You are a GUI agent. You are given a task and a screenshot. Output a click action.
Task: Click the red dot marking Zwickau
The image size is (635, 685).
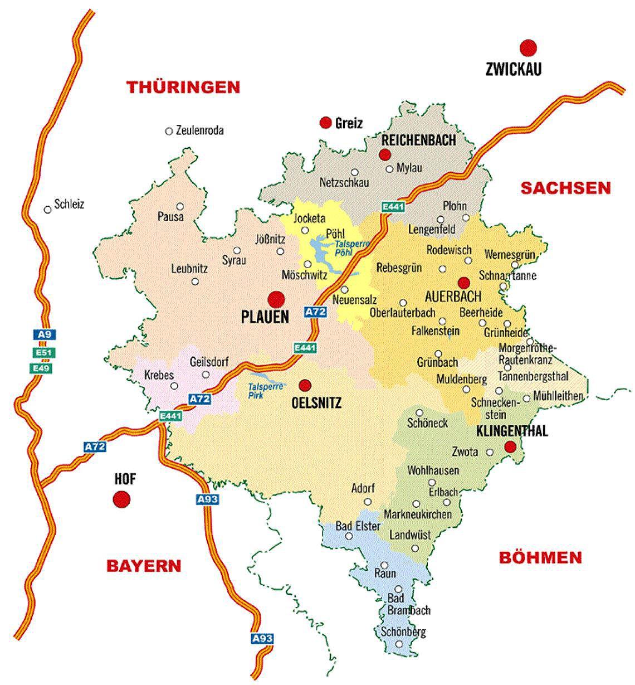click(x=527, y=47)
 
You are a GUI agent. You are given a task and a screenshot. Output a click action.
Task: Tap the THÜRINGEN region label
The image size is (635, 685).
click(x=183, y=87)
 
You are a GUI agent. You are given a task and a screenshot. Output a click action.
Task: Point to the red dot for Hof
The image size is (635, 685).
click(x=121, y=499)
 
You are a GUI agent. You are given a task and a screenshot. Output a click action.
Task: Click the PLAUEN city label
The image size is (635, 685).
click(x=265, y=317)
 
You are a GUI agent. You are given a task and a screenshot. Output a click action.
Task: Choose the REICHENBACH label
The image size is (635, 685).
click(x=419, y=140)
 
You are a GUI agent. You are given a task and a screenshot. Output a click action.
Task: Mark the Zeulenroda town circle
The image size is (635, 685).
click(x=169, y=132)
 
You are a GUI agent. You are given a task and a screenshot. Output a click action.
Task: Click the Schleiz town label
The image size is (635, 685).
click(x=69, y=204)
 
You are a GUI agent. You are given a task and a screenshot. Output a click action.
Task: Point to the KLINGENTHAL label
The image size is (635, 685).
click(x=512, y=431)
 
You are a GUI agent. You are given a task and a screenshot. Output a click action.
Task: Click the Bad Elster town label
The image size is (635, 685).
click(x=358, y=526)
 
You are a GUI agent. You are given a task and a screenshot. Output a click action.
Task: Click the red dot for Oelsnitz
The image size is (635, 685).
click(x=305, y=385)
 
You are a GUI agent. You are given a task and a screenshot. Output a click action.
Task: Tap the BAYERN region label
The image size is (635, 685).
click(x=144, y=566)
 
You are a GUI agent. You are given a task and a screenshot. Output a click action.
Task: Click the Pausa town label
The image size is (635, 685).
click(x=170, y=216)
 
